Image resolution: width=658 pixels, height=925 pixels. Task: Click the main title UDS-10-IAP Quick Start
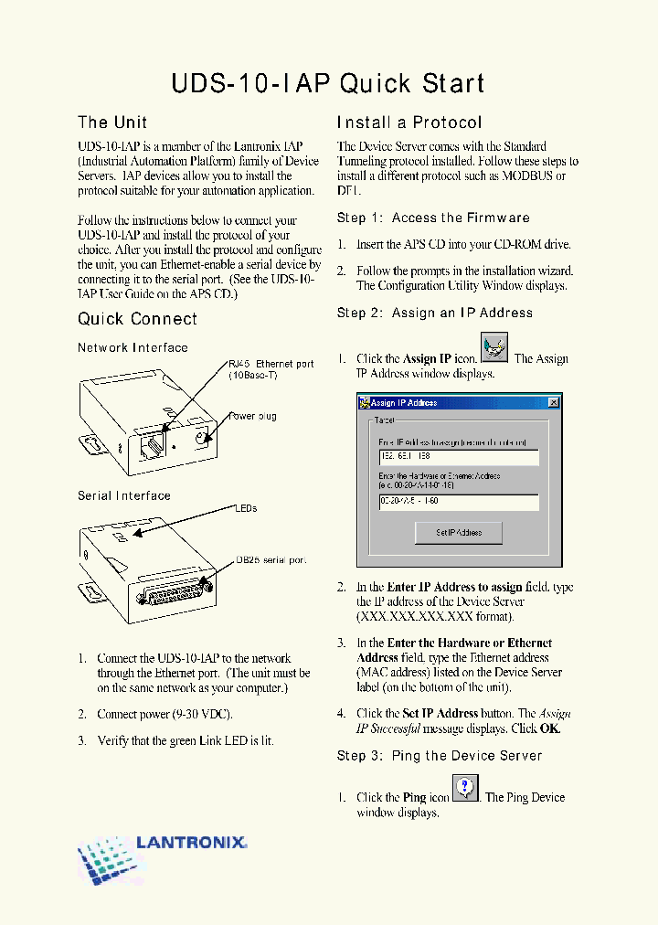(x=328, y=84)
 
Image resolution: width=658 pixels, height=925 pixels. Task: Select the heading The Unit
(x=112, y=122)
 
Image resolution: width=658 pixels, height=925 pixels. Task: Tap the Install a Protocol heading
(x=409, y=122)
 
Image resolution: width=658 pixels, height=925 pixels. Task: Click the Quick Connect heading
(x=137, y=319)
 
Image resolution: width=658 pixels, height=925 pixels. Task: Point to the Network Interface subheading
(x=133, y=347)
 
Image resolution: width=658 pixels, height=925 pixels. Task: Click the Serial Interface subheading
(x=123, y=495)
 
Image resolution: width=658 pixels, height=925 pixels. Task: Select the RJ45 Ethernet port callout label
(x=271, y=369)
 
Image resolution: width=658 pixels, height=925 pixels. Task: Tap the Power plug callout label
(x=253, y=417)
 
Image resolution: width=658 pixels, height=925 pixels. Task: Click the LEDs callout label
(x=246, y=508)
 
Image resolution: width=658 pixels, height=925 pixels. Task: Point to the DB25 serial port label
(x=271, y=559)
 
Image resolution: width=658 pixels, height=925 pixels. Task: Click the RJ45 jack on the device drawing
(x=152, y=444)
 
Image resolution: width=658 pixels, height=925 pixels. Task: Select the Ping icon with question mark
(x=466, y=787)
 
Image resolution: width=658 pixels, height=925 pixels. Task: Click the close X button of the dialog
(x=553, y=402)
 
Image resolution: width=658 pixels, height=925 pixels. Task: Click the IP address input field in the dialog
(x=458, y=457)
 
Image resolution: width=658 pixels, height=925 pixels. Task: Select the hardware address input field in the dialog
(x=458, y=502)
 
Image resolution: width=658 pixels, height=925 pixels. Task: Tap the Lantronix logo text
(x=191, y=842)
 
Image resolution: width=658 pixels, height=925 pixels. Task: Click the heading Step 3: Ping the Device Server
(x=440, y=756)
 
